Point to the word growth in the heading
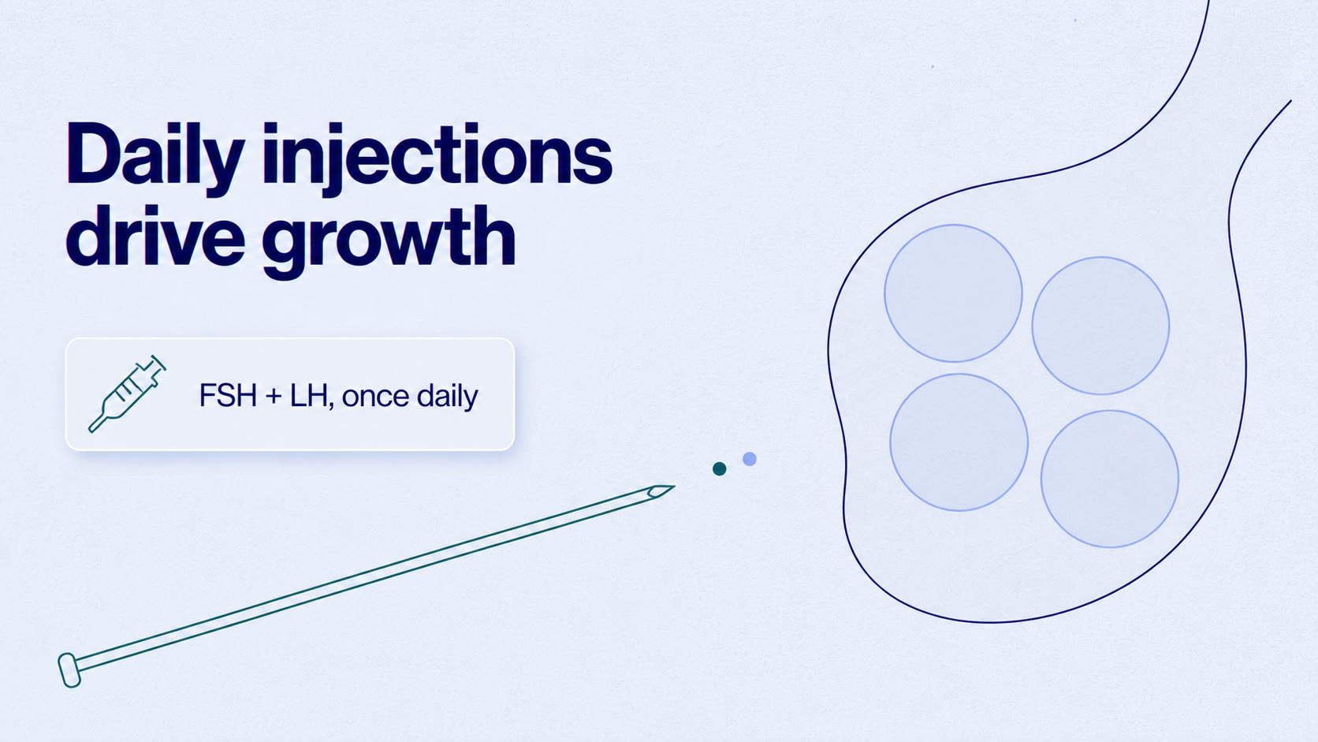point(389,242)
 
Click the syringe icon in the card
point(127,393)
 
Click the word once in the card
point(375,397)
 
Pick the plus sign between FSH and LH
point(274,396)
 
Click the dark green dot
point(719,468)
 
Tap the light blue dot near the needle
point(749,459)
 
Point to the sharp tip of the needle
point(674,487)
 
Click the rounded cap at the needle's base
point(69,670)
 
